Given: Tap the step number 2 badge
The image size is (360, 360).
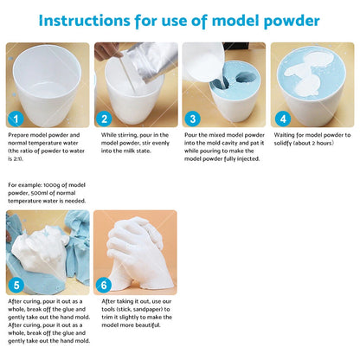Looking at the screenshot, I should [105, 118].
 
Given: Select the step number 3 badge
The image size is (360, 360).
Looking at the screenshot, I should [193, 118].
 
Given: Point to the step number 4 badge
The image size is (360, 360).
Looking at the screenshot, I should [281, 118].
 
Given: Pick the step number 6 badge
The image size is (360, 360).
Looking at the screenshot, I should [105, 284].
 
